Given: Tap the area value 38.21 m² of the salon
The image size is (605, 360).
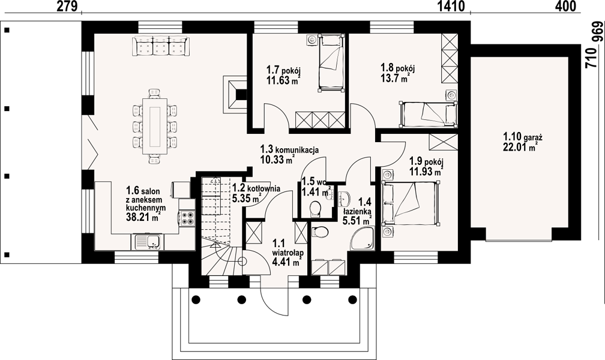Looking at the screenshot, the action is [x=143, y=217].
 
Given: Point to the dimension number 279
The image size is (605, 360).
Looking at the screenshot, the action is [x=67, y=6].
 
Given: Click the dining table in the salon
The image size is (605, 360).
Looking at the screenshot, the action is [x=155, y=126].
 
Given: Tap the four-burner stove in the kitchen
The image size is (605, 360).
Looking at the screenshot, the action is [x=187, y=217].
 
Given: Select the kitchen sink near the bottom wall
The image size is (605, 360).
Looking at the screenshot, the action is [x=149, y=242].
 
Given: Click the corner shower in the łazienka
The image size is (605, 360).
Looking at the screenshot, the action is [x=363, y=238].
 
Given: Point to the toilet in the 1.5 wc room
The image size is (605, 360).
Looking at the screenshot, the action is [x=315, y=208].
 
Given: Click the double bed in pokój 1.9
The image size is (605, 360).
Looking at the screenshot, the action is [x=411, y=203].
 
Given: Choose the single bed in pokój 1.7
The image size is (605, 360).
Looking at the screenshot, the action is [x=331, y=63].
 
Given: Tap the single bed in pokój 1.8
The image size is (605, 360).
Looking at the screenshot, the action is [x=429, y=114].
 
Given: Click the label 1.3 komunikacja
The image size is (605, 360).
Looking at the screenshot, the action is [x=289, y=154].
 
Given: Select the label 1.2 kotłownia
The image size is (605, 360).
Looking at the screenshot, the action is [x=256, y=193].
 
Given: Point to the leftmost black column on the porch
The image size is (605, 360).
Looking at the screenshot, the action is [x=196, y=299].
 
